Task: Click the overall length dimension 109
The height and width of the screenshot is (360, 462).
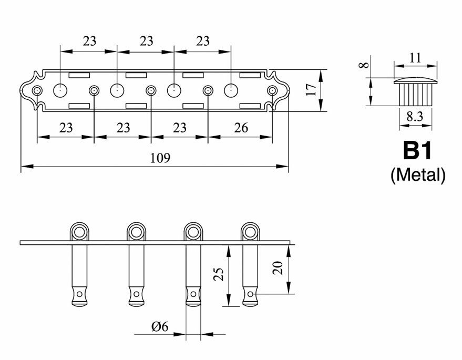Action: [x=160, y=158]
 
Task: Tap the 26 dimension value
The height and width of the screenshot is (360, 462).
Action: [x=241, y=128]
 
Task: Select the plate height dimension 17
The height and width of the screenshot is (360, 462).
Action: [x=311, y=89]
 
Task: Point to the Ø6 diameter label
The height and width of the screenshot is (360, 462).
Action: [x=160, y=326]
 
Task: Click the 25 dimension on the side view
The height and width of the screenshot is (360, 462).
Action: [x=219, y=274]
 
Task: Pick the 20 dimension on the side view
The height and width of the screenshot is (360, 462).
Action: [x=278, y=268]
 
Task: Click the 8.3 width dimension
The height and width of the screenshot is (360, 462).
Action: [x=415, y=117]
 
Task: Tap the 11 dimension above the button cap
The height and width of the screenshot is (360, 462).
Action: [x=415, y=58]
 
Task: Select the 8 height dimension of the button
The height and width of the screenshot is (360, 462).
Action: [x=364, y=65]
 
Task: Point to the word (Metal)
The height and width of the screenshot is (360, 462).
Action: [x=418, y=176]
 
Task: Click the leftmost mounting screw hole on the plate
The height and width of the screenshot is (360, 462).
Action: [x=37, y=90]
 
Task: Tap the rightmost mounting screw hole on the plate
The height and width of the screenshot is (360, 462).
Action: [x=272, y=90]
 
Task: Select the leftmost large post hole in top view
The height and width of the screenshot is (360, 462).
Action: [x=60, y=90]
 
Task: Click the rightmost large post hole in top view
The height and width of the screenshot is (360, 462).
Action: [x=231, y=90]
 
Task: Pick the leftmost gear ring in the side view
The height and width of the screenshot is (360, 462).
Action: [x=79, y=232]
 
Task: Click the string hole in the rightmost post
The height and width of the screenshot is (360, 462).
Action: [x=250, y=294]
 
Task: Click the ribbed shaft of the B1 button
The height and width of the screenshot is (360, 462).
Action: [x=415, y=95]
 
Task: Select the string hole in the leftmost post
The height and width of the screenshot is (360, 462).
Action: [x=79, y=294]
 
